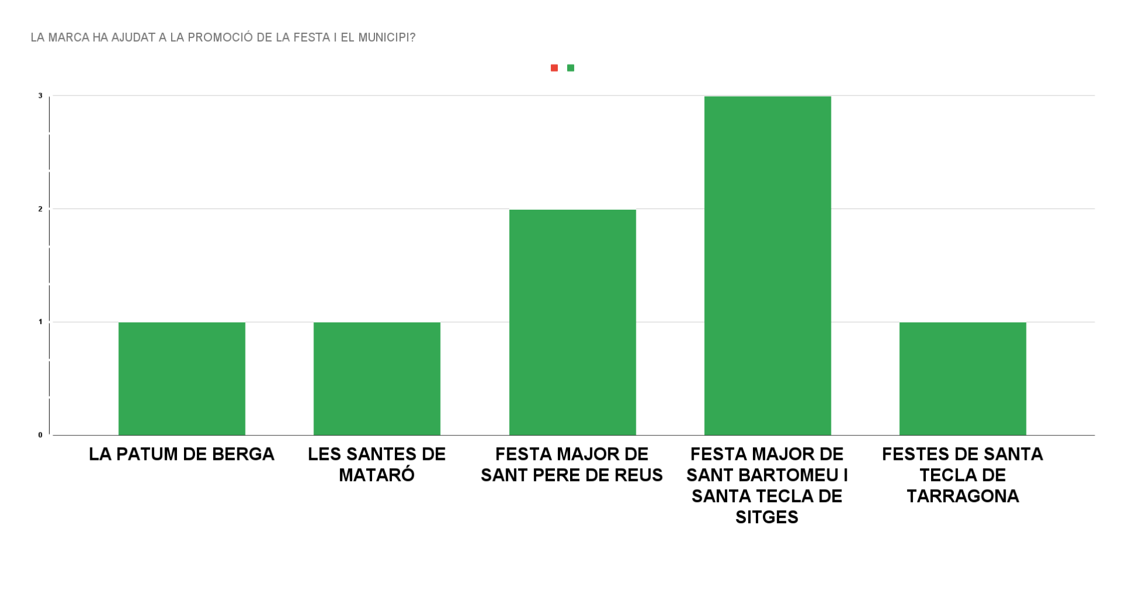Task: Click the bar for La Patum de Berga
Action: pyautogui.click(x=182, y=378)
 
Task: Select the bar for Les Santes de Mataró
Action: pyautogui.click(x=377, y=378)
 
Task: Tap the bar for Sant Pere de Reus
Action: pyautogui.click(x=572, y=322)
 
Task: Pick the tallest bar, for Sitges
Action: pyautogui.click(x=768, y=265)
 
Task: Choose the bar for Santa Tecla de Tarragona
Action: pyautogui.click(x=963, y=378)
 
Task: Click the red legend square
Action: pyautogui.click(x=554, y=68)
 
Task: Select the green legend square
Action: pyautogui.click(x=571, y=68)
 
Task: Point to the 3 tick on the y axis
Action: pyautogui.click(x=40, y=95)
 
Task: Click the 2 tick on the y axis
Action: pyautogui.click(x=40, y=209)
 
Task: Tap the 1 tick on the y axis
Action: pyautogui.click(x=40, y=322)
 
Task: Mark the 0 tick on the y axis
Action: pyautogui.click(x=40, y=435)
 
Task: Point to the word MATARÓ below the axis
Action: pyautogui.click(x=377, y=475)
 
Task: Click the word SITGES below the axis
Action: pyautogui.click(x=767, y=517)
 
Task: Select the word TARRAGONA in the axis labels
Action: pyautogui.click(x=963, y=496)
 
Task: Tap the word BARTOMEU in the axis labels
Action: pyautogui.click(x=785, y=475)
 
